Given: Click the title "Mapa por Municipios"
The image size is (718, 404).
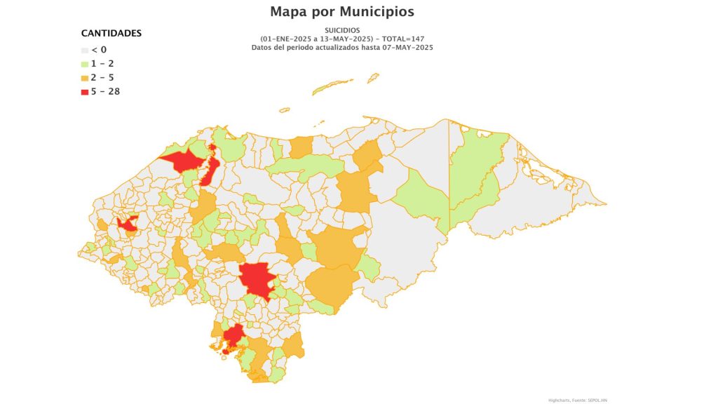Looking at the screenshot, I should coord(342,12).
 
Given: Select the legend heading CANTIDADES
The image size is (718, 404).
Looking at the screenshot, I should coord(111,33).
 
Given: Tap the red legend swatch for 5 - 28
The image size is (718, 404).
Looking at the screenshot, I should coord(85,91).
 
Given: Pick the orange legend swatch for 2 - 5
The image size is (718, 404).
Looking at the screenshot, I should coord(85,78).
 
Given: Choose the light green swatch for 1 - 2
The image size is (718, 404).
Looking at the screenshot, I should coord(85,64).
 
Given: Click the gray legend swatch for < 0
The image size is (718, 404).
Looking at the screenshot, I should coord(85,50).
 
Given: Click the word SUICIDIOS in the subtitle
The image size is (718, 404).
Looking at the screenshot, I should coord(342,30).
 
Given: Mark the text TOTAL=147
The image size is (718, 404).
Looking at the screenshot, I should coord(402,39).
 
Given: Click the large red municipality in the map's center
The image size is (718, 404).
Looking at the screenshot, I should coord(255,278).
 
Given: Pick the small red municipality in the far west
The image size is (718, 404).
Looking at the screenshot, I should coord(128,224).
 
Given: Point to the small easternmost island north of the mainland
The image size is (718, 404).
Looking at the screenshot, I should coord(373,78).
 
